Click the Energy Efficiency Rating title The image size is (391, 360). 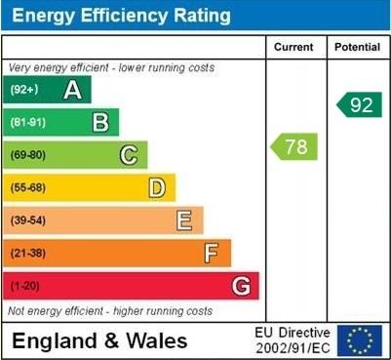click(121, 16)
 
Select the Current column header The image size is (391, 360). click(293, 47)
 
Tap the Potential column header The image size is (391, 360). click(357, 47)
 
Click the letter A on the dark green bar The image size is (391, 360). click(72, 91)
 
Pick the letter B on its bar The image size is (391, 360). click(100, 123)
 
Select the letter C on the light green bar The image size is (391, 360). click(128, 155)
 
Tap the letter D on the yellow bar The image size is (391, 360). click(156, 187)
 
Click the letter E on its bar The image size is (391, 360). click(183, 220)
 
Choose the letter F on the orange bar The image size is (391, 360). click(212, 253)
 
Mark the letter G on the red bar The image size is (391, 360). click(240, 286)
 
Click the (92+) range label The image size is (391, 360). click(24, 91)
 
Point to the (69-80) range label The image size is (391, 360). click(28, 155)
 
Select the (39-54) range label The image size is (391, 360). click(28, 220)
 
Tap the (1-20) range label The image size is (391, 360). click(25, 286)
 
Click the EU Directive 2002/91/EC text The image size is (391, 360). click(293, 340)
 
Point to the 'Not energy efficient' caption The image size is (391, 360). click(109, 311)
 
